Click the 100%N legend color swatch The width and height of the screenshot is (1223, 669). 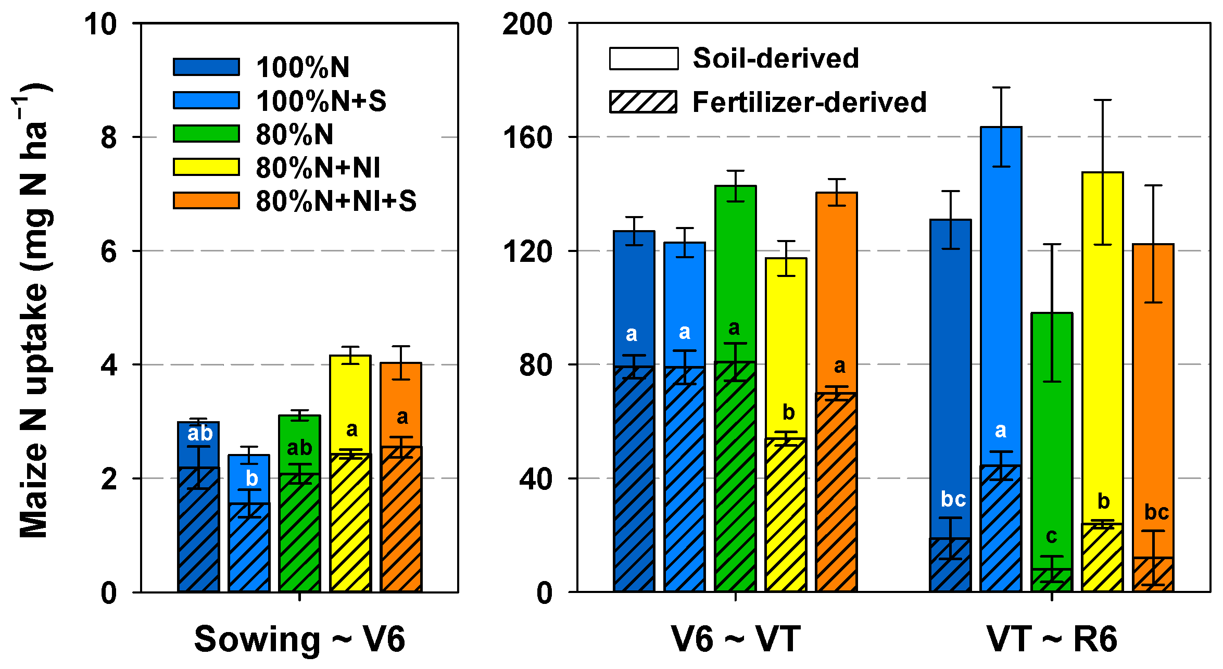coord(206,67)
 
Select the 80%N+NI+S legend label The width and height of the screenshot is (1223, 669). coord(336,201)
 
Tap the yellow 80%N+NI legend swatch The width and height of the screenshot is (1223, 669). coord(206,167)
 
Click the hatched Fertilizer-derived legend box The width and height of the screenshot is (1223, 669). coord(643,102)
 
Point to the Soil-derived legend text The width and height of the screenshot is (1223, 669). coord(776,58)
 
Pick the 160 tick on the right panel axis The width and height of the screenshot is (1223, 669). coord(527,138)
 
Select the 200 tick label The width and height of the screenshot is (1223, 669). coord(527,24)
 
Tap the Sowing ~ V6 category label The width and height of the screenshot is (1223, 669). coord(299,639)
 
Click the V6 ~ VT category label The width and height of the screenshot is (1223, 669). coord(735,639)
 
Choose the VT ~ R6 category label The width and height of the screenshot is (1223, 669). coord(1052,639)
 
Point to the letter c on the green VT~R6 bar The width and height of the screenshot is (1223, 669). coord(1051,536)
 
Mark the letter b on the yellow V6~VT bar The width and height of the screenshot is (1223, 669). coord(788,413)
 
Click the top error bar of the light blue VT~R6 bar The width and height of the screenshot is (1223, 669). coord(1001,88)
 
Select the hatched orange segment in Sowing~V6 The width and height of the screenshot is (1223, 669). coord(401,521)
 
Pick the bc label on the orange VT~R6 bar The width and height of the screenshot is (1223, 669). coord(1156,513)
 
